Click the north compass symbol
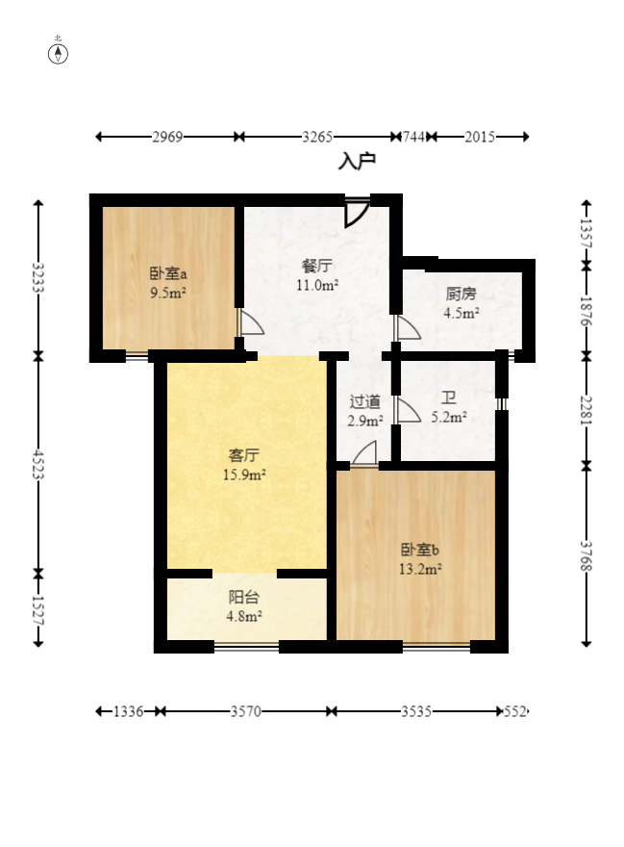tap(58, 54)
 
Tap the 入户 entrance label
tap(357, 161)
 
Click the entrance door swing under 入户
tap(358, 213)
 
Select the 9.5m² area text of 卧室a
tap(168, 294)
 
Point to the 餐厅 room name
tap(317, 267)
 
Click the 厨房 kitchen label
tap(461, 294)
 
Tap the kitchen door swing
tap(408, 328)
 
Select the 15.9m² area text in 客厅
tap(244, 475)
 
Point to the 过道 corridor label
tap(365, 401)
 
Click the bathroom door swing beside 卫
tap(408, 411)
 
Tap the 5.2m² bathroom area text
tap(449, 417)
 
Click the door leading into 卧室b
tap(363, 453)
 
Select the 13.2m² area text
tap(420, 569)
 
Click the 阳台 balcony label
tap(244, 597)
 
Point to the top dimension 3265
tap(317, 137)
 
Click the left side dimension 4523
tap(38, 464)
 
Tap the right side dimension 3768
tap(587, 556)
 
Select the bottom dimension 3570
tap(246, 711)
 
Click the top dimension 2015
tap(480, 137)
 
